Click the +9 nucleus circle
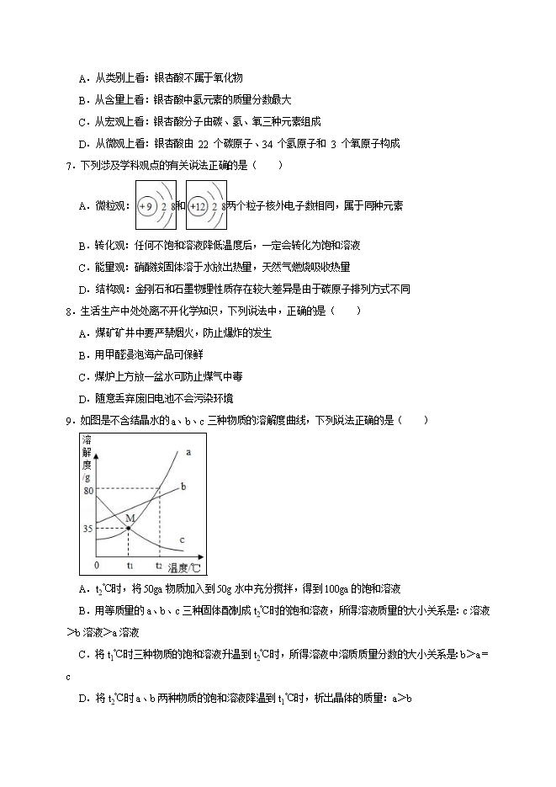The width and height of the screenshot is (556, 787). pos(146,205)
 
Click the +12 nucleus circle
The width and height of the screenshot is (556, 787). pos(199,205)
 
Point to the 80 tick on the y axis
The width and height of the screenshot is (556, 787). pos(88,489)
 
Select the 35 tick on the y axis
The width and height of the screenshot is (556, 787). pos(88,529)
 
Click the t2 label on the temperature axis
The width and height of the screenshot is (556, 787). pos(158,565)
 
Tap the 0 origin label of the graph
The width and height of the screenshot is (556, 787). pos(97,565)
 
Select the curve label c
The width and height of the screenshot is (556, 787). pos(183,539)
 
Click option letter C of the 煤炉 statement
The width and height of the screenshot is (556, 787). pos(82,376)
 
